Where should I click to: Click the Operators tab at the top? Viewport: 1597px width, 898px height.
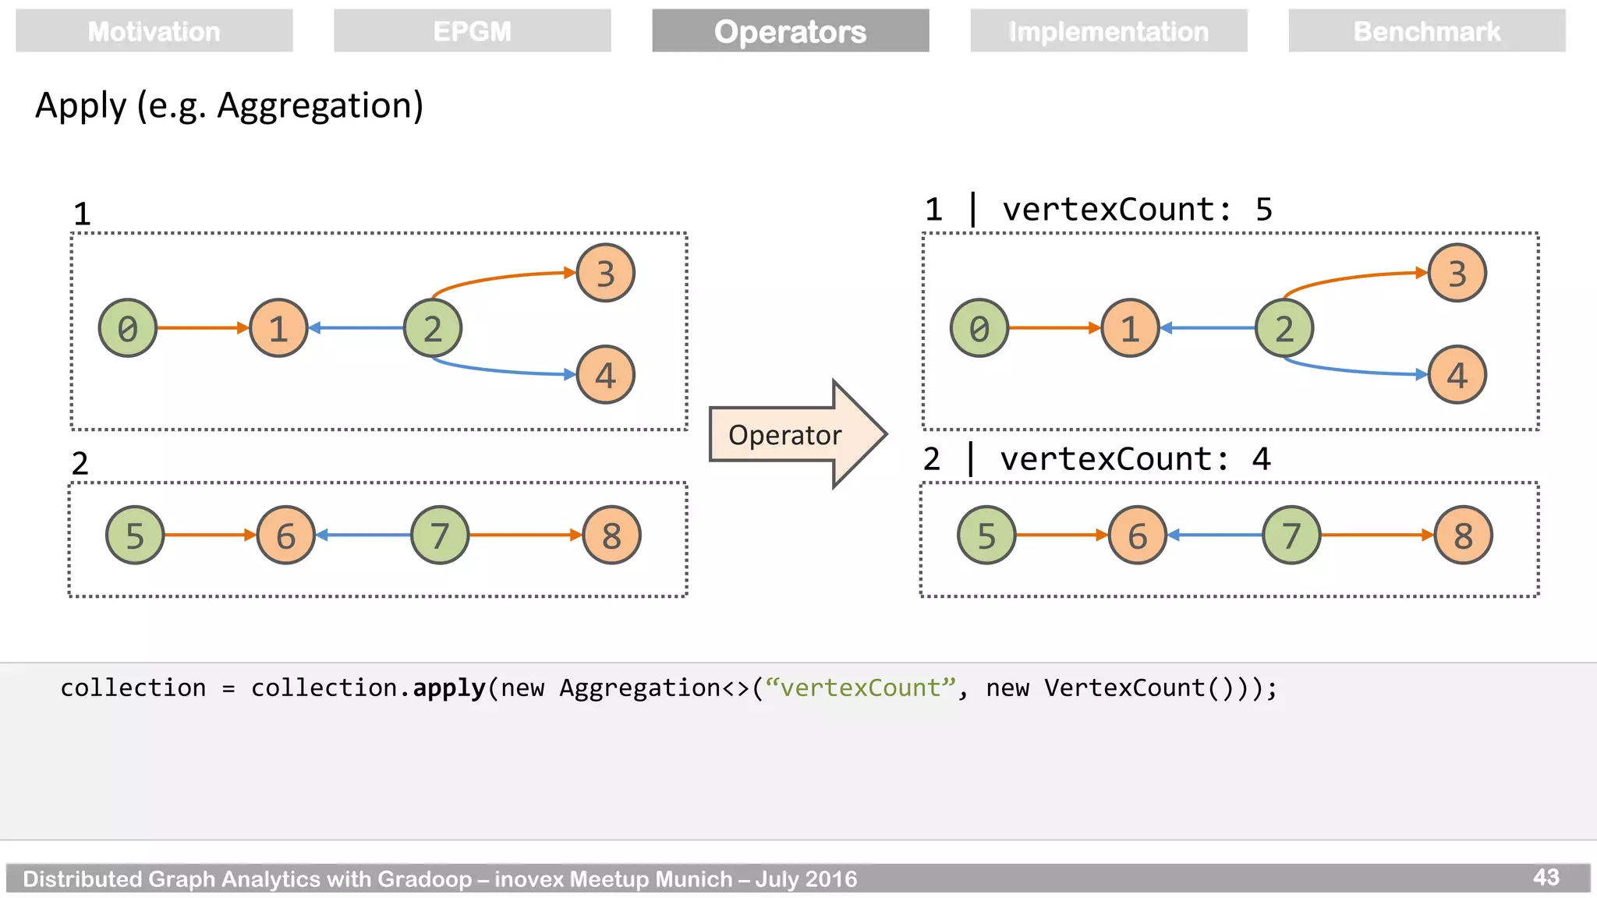(790, 31)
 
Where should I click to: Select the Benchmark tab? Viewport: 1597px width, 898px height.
(1426, 31)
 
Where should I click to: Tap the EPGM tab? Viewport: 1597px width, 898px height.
(472, 31)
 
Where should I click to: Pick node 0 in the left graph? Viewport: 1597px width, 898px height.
(128, 328)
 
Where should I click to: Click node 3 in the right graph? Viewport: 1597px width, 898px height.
(1457, 273)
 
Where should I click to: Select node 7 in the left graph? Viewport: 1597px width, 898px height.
(440, 535)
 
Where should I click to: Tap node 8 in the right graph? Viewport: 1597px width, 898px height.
(1463, 535)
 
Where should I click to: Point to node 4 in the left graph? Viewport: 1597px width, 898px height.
(605, 375)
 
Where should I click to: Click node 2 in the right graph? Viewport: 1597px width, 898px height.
(1284, 328)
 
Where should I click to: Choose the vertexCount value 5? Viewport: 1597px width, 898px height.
(1263, 210)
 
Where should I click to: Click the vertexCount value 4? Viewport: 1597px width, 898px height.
(1261, 459)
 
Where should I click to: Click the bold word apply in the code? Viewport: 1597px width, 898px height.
(449, 688)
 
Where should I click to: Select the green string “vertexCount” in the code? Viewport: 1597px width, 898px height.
(860, 688)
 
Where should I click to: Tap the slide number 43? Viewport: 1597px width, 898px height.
(1546, 877)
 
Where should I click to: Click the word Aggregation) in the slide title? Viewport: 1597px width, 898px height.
(320, 106)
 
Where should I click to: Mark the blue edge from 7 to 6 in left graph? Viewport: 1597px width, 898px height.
(363, 535)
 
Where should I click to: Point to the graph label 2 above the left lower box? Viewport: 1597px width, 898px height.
(80, 464)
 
